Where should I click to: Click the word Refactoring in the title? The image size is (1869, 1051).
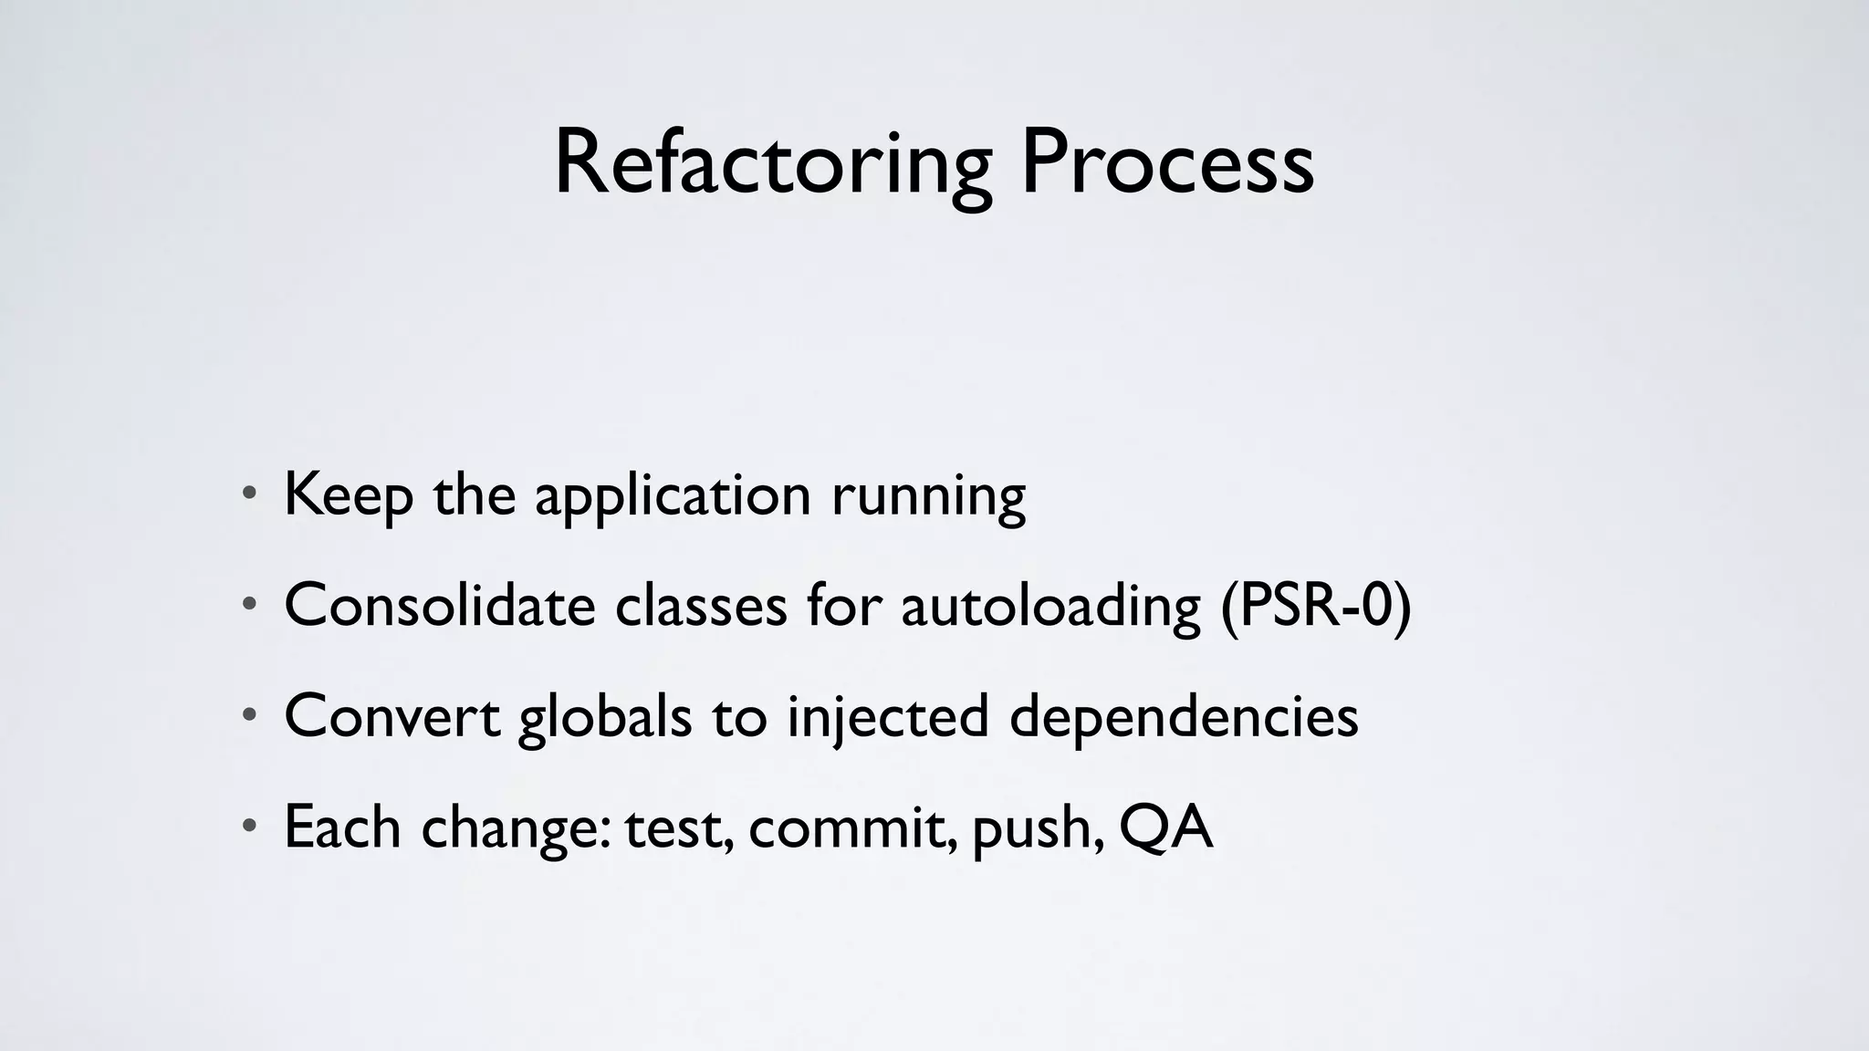point(772,164)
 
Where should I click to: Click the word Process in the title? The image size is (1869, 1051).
point(1167,164)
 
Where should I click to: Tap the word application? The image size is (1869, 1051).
point(673,497)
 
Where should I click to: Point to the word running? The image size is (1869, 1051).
point(928,497)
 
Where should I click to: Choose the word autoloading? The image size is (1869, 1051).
point(1050,607)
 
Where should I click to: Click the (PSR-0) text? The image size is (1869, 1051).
point(1316,607)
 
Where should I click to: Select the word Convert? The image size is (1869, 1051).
point(392,716)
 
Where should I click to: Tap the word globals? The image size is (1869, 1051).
point(605,718)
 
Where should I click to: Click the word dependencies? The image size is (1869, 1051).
point(1184,718)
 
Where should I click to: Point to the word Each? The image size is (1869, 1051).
point(342,827)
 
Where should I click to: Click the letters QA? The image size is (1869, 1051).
point(1165,827)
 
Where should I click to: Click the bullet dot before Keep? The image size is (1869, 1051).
point(249,496)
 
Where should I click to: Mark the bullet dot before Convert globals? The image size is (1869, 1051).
point(249,716)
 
